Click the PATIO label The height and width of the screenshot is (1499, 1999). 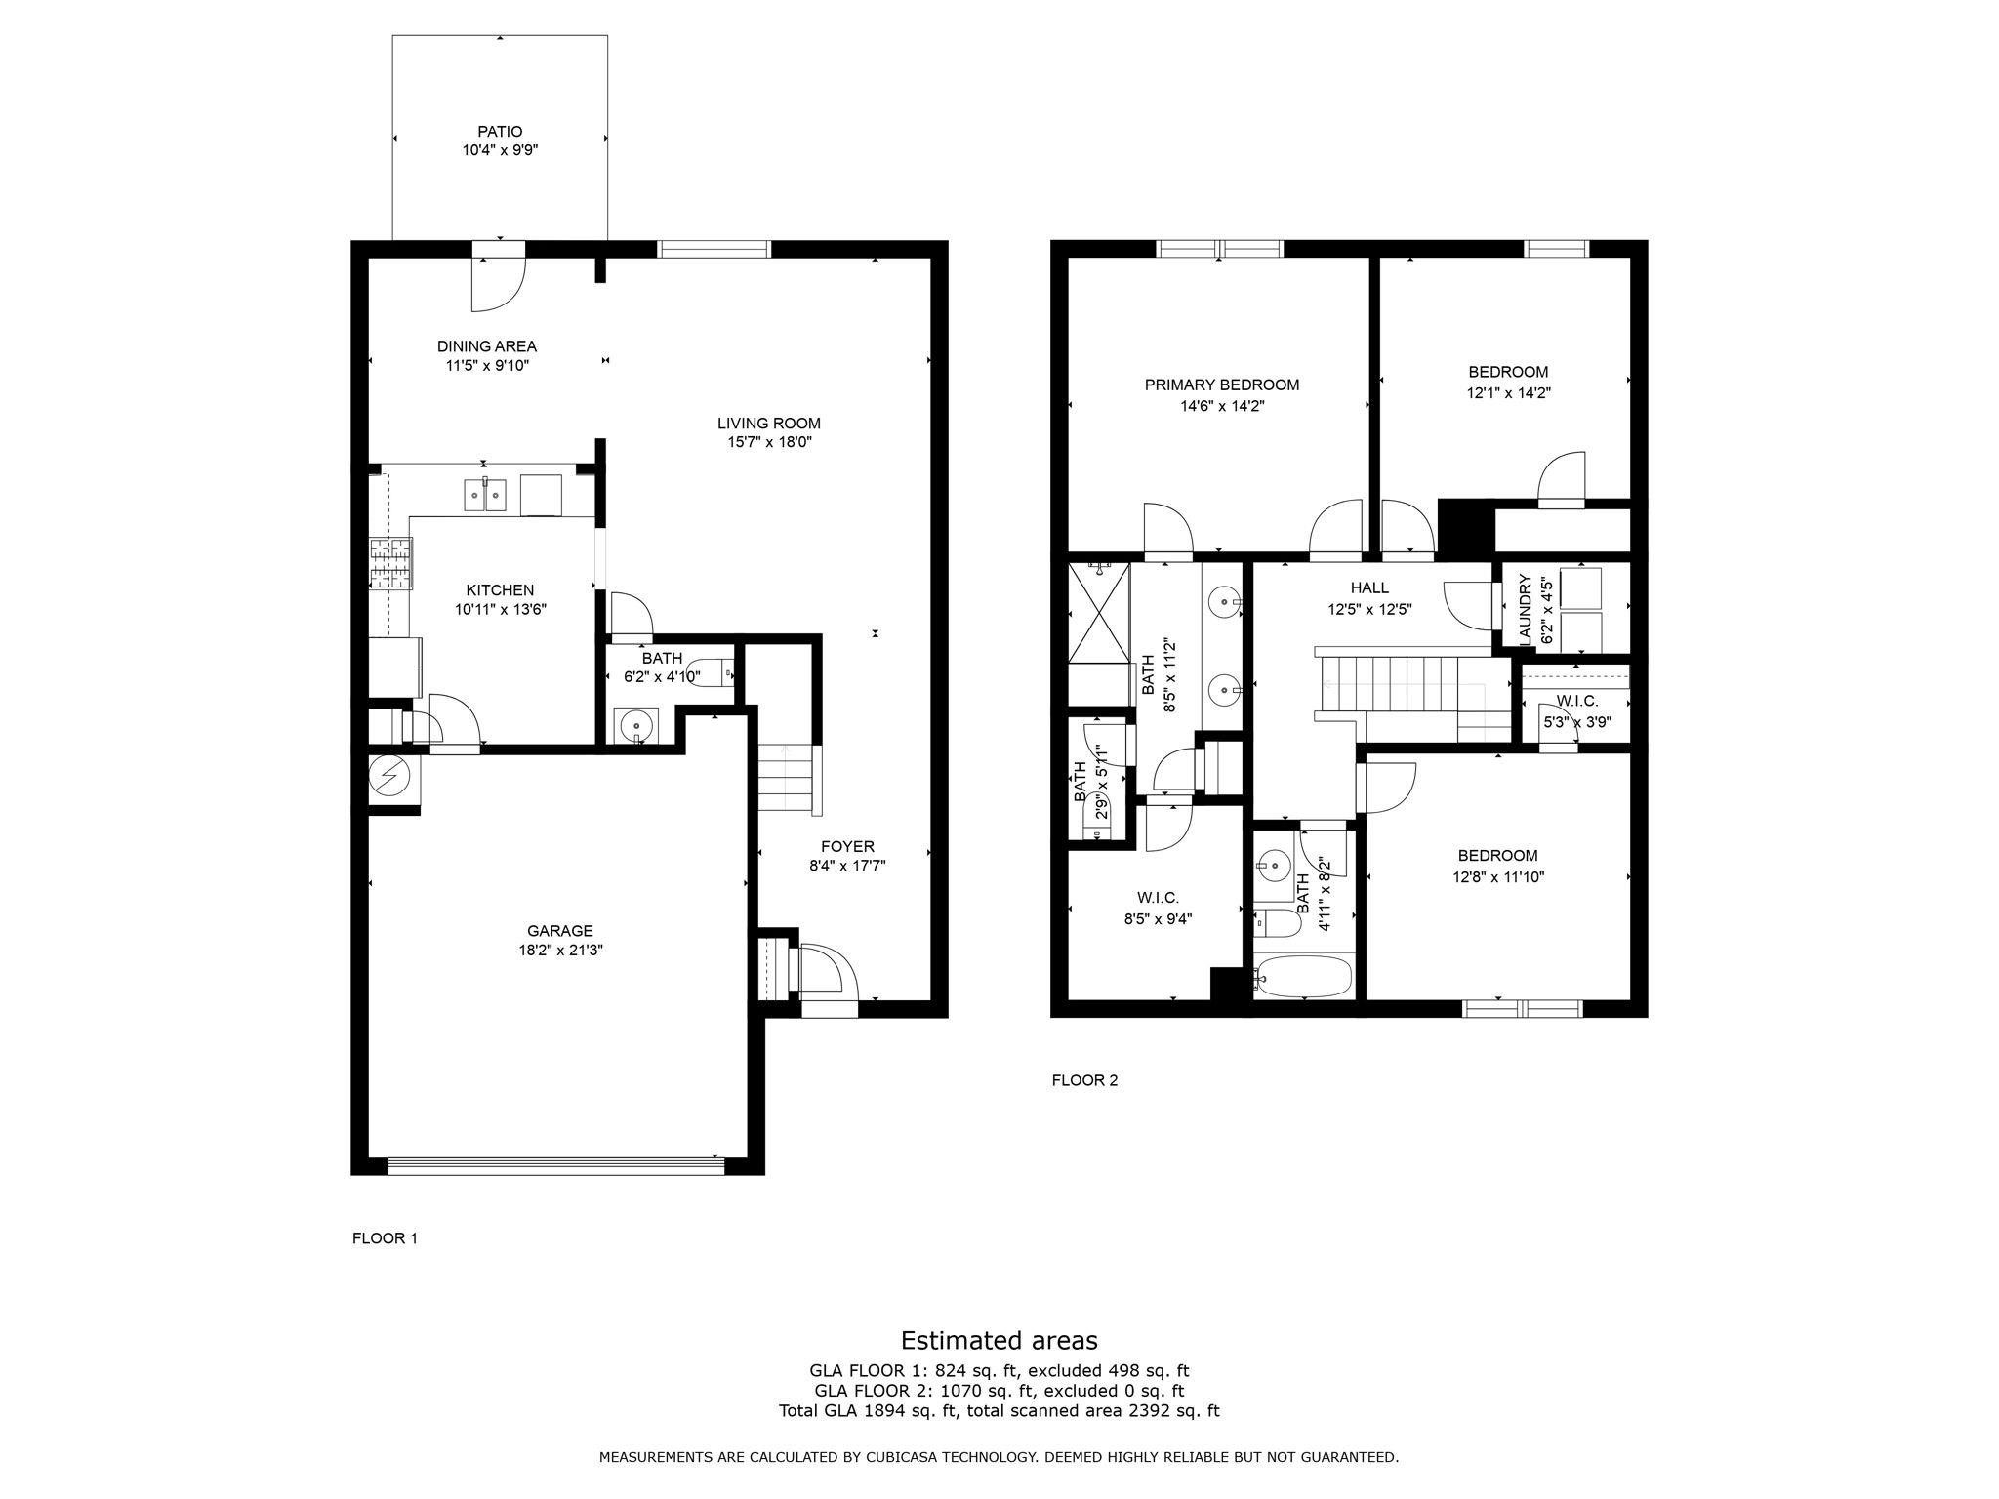pos(500,131)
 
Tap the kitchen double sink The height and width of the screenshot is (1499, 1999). pos(484,496)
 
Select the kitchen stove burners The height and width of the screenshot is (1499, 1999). pos(390,563)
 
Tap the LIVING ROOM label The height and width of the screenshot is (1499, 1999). pos(768,424)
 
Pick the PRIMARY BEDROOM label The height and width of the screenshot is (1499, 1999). pos(1221,385)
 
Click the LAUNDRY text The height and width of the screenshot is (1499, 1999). pos(1525,610)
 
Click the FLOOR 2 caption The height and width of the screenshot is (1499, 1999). pos(1083,1080)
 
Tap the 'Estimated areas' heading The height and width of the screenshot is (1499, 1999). pos(999,1340)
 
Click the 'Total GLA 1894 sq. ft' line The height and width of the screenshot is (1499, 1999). pos(999,1410)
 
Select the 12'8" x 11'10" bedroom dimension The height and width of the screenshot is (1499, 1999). pos(1497,876)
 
